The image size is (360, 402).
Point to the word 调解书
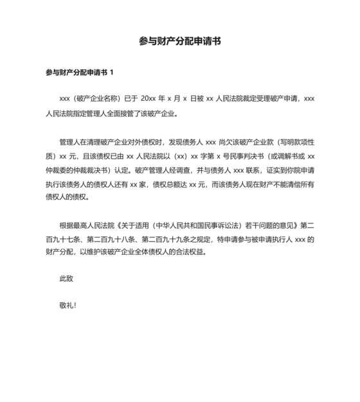283,155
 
